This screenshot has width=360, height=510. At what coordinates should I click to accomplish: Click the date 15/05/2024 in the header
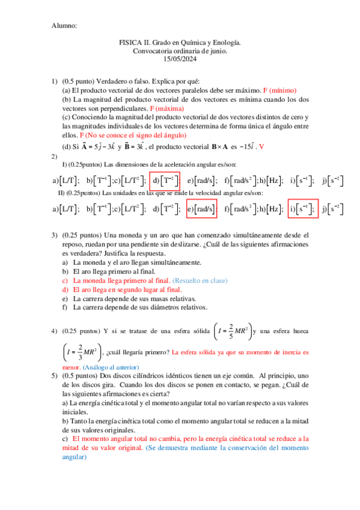click(x=180, y=59)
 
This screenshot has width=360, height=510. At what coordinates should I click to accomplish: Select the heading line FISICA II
click(x=180, y=43)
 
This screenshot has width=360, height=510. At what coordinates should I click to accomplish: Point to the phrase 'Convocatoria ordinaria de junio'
click(x=180, y=51)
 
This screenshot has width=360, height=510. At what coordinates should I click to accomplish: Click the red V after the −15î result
click(x=262, y=147)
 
